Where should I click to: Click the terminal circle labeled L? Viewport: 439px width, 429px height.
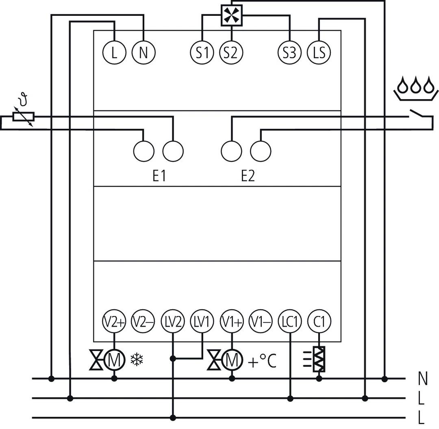pos(114,52)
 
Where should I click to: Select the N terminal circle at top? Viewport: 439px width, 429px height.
pos(143,52)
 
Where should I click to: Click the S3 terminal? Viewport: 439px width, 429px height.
pos(290,52)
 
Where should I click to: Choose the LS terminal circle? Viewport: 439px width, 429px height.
pos(319,52)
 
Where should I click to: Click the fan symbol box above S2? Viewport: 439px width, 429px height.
pos(231,16)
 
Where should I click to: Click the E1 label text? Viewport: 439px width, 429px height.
pos(158,176)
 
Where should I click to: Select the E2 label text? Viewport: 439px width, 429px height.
pos(248,176)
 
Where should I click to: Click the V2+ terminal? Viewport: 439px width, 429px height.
pos(114,322)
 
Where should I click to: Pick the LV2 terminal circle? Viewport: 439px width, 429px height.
pos(173,322)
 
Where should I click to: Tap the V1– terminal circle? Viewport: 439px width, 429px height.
pos(261,322)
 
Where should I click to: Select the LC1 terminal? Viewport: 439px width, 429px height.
pos(290,322)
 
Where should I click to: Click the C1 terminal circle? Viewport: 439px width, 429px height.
pos(319,322)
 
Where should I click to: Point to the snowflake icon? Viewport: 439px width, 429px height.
pos(137,359)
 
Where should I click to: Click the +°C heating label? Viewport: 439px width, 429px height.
pos(262,361)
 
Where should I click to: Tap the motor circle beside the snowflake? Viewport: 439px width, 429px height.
pos(114,360)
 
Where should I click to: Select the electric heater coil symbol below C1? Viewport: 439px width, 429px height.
pos(319,359)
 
